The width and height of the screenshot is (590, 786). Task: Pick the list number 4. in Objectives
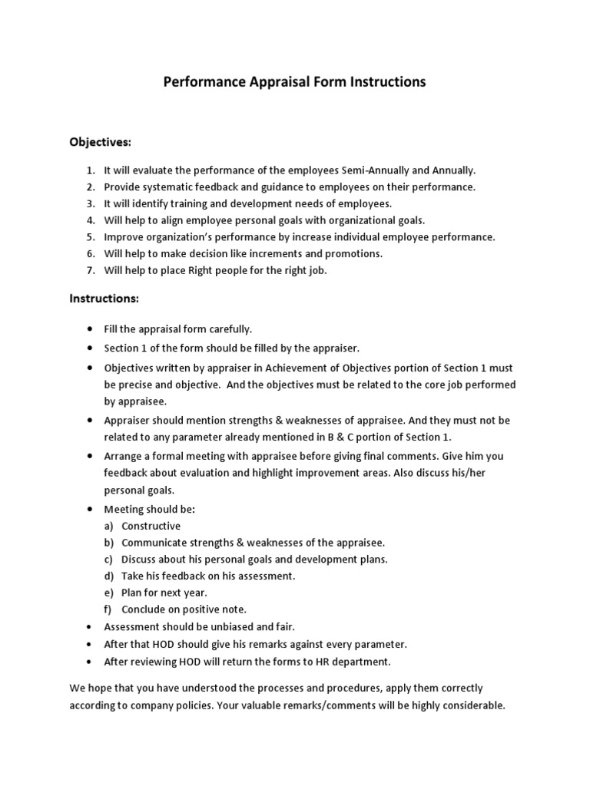tap(90, 220)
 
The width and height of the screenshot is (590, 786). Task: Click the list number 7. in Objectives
tap(90, 270)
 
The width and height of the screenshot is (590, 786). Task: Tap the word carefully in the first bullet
tap(225, 329)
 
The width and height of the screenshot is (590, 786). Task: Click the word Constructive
tap(151, 526)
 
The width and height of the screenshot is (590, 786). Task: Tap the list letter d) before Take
tap(109, 575)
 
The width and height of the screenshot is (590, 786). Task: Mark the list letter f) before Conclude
tap(108, 609)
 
